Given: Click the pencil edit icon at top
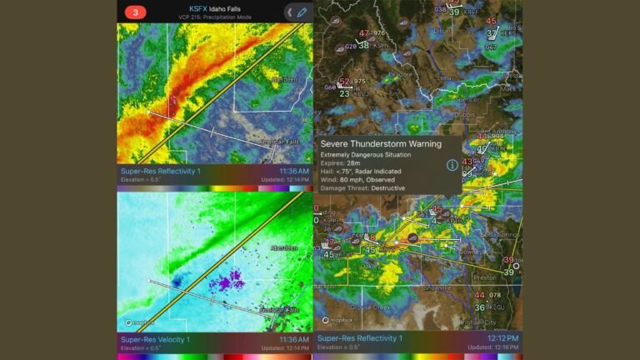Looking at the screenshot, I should (x=301, y=12).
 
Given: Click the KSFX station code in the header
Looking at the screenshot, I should (x=192, y=7).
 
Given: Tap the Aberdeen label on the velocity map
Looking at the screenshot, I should (x=285, y=247).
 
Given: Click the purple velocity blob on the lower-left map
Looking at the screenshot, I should (x=225, y=282).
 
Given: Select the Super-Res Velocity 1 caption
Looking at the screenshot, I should (x=156, y=339).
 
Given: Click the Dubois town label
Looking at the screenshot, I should (x=465, y=114).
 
